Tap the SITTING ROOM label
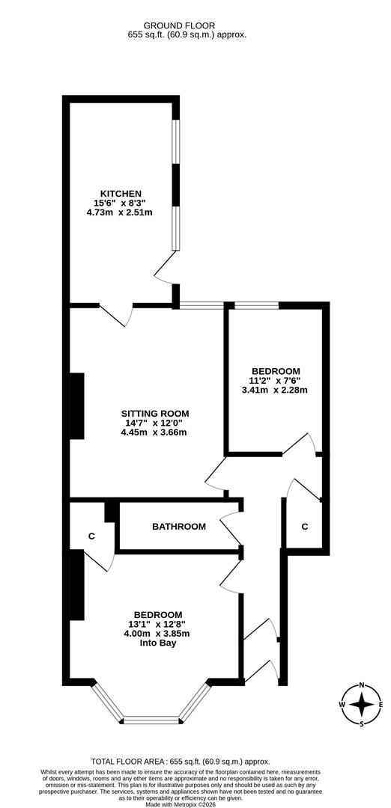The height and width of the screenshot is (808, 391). click(x=155, y=413)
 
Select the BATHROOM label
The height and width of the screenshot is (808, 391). click(x=179, y=527)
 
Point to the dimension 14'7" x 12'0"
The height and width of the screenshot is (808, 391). click(x=155, y=423)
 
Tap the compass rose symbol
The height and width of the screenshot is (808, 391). click(x=362, y=704)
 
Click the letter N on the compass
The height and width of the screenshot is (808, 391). click(x=362, y=685)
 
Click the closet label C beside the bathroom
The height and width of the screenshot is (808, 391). click(x=91, y=536)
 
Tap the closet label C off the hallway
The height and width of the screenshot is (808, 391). click(x=304, y=527)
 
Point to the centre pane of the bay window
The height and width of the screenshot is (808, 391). click(x=152, y=721)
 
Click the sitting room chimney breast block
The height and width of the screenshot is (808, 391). click(x=76, y=406)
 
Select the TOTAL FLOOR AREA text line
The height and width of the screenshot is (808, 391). click(x=180, y=761)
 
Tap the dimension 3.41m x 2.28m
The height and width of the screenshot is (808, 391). click(x=275, y=390)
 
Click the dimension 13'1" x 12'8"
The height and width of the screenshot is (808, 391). click(x=158, y=624)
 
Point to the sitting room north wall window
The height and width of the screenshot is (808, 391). click(x=201, y=305)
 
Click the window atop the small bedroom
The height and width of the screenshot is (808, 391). click(x=257, y=305)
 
